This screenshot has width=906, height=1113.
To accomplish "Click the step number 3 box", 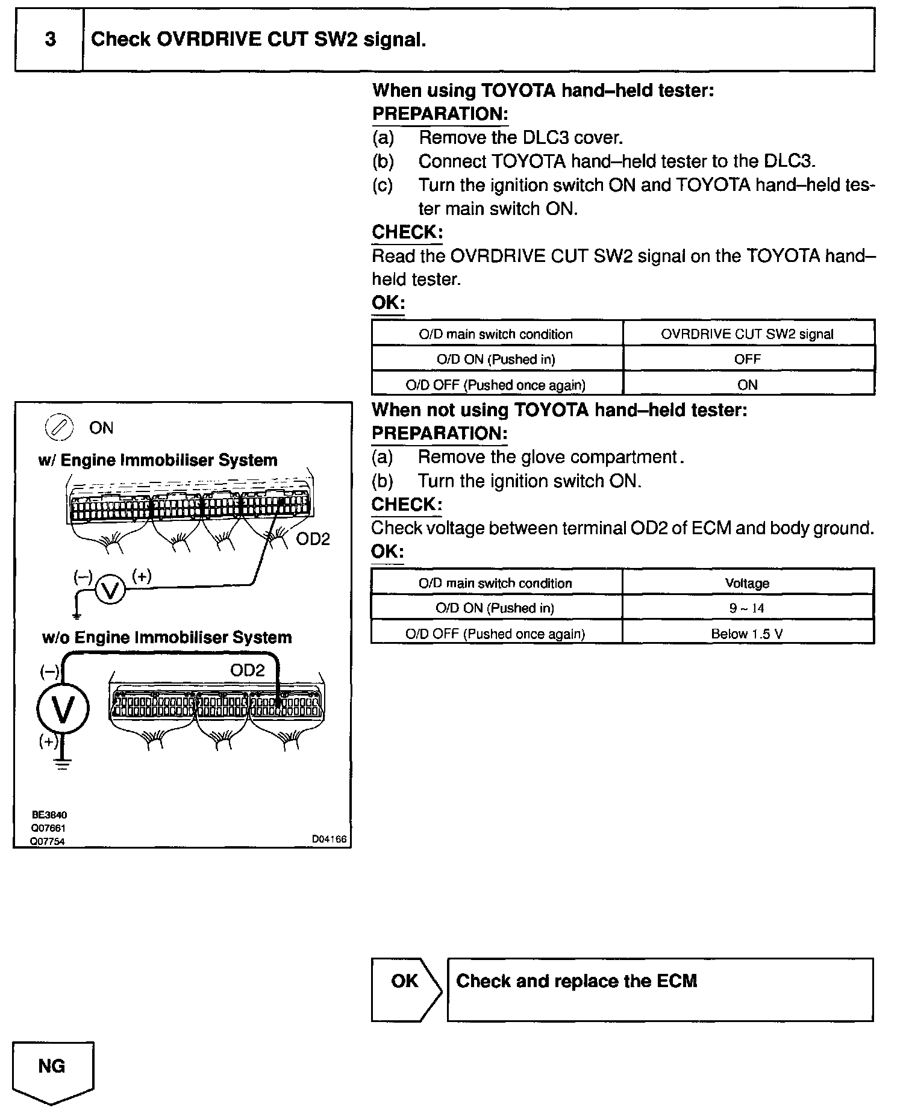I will tap(49, 40).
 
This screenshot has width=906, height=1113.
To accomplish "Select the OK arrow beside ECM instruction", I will tap(405, 990).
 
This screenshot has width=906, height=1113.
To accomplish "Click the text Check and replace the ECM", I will tap(576, 981).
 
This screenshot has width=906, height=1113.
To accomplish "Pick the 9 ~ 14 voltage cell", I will tap(747, 608).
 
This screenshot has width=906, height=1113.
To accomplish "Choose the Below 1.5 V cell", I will tap(747, 634).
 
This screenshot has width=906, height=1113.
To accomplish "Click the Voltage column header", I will tap(747, 583).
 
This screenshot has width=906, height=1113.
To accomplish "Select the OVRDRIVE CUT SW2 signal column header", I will tap(747, 334).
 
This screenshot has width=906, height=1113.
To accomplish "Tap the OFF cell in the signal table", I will tap(747, 360).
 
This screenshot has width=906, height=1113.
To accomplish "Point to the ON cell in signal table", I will tap(747, 385).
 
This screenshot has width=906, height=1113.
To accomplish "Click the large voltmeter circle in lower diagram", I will tap(63, 709).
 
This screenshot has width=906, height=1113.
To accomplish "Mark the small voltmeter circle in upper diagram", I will tap(110, 590).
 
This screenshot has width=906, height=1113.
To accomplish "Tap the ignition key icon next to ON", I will tap(58, 428).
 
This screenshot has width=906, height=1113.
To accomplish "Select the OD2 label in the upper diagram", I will tap(313, 540).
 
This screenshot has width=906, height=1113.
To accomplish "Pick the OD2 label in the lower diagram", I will tap(247, 670).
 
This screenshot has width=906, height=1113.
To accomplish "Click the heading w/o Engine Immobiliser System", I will tap(167, 638).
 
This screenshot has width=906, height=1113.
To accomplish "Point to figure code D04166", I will tap(329, 839).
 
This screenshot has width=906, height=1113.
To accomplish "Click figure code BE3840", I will tap(49, 815).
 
